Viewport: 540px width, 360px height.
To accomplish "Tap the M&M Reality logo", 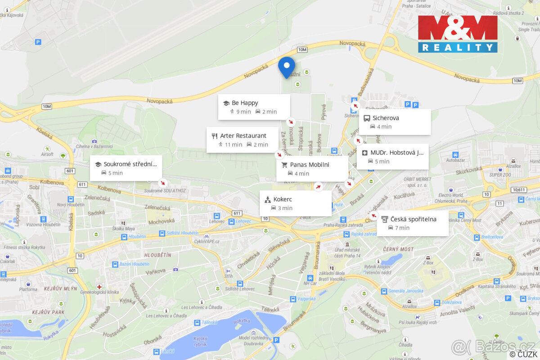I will (458, 34).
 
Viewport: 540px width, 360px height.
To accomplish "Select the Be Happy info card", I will (254, 107).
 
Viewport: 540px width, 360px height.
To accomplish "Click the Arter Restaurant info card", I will (243, 140).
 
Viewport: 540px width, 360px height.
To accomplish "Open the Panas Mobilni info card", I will (312, 169).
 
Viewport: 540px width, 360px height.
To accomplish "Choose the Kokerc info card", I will (296, 203).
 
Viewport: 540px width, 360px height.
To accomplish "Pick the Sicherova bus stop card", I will (395, 122).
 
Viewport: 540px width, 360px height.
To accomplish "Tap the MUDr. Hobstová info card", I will (392, 157).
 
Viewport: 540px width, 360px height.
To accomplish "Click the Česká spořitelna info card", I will (413, 223).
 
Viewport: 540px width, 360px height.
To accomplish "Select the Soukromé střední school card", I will (126, 168).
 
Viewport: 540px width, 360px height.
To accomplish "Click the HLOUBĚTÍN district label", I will (157, 255).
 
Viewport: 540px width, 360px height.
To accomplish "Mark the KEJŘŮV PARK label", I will (49, 312).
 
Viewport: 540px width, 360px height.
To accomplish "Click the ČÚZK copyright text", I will (524, 355).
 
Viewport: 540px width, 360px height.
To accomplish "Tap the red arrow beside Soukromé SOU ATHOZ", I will (163, 183).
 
